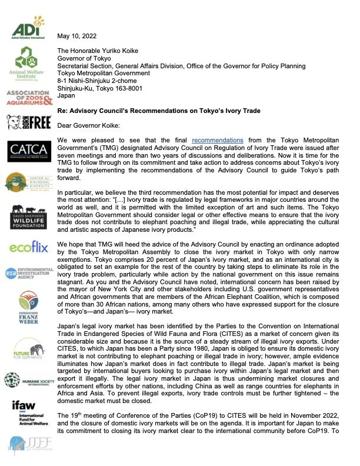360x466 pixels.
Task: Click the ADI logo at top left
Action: [x=26, y=27]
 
